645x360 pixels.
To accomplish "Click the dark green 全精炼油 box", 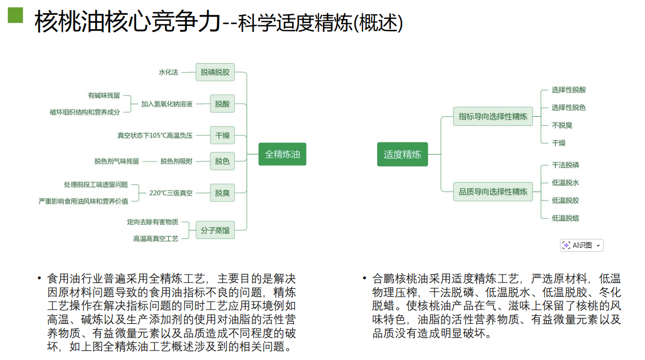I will tap(282, 155).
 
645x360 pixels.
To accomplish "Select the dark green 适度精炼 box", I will tap(402, 155).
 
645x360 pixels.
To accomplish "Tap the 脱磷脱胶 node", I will tap(215, 72).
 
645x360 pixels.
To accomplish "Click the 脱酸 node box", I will tap(222, 104).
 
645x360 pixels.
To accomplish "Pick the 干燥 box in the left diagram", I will tap(222, 135).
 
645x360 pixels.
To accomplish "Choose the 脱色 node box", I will tap(222, 161).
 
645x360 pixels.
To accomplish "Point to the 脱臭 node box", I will tap(222, 193).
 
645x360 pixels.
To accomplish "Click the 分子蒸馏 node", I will tap(215, 230).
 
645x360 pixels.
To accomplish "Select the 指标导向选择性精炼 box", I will tap(493, 116).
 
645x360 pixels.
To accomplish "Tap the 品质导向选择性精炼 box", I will tap(493, 192).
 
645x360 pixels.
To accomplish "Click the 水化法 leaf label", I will tap(168, 72).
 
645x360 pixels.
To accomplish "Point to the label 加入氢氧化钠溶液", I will tap(167, 104).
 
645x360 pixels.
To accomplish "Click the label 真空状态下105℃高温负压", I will tap(155, 135).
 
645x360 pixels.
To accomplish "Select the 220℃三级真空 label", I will tap(171, 193).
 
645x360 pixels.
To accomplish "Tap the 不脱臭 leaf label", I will tap(562, 125).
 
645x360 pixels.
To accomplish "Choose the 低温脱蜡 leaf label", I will tap(565, 218).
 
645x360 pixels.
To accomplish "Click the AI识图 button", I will tap(582, 245).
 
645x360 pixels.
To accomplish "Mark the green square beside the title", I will tap(15, 15).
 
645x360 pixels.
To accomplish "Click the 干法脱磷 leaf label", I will tap(565, 165).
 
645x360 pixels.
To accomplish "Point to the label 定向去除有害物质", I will tap(152, 222).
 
